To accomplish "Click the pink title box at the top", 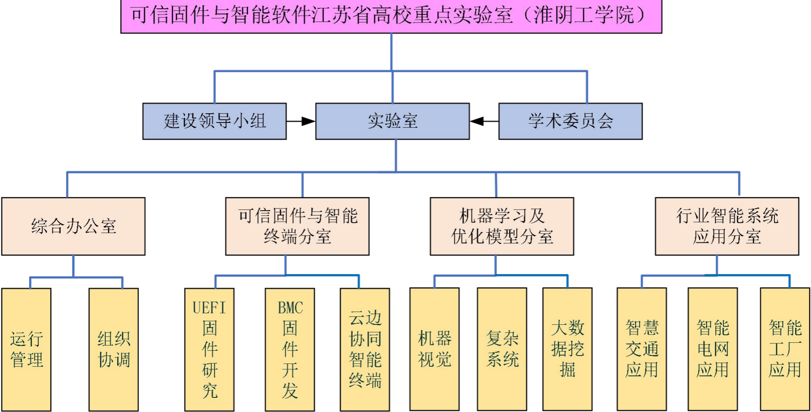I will coord(391,16).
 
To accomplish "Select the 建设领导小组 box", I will coord(215,121).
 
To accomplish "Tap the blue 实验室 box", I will coord(392,121).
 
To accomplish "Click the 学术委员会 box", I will coord(570,121).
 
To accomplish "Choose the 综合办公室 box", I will coord(74,226).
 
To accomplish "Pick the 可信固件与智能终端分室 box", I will coord(298,226).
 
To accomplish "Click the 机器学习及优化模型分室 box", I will coord(502,226).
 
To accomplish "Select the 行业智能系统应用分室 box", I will coord(727,226).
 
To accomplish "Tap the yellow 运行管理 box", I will coord(26,349).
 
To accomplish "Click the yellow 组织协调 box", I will coord(114,349).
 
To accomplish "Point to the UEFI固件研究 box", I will coord(210,349).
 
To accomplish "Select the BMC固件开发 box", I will coord(290,349).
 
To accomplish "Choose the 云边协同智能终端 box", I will coord(365,349).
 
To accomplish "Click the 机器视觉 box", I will coord(435,349).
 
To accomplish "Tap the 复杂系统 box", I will coord(502,349).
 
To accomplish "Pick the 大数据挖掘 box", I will coord(568,349).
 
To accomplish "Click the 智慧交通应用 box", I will coord(642,349).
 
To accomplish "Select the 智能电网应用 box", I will coord(713,349).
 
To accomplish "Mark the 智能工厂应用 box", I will coord(785,349).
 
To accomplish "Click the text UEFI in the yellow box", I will coord(209,308).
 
